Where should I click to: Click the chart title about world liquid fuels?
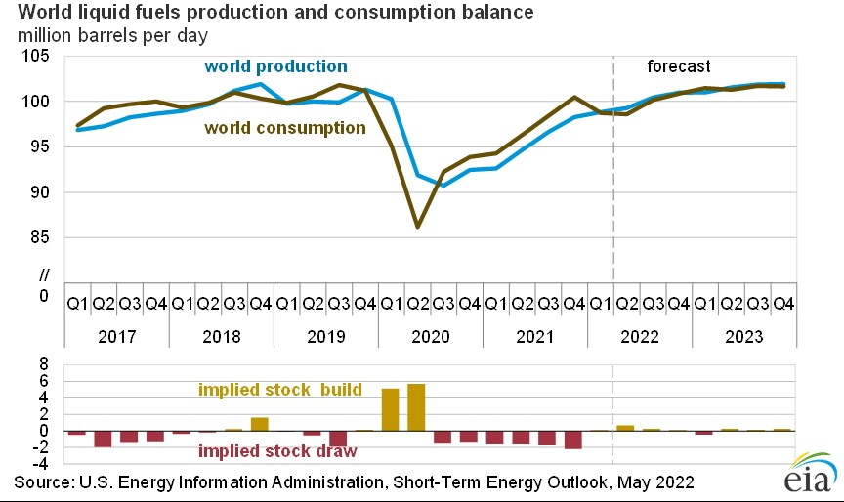click(x=270, y=14)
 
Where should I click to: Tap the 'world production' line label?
click(x=275, y=66)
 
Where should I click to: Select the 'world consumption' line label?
click(x=284, y=128)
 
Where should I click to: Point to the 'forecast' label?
click(x=679, y=66)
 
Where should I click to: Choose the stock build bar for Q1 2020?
click(x=390, y=409)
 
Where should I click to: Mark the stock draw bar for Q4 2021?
click(x=573, y=439)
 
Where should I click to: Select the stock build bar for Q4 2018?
click(x=259, y=424)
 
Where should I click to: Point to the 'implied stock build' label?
click(x=280, y=390)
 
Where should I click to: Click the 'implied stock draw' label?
click(x=276, y=451)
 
